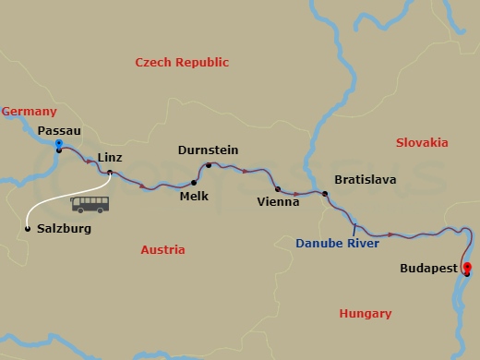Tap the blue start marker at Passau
pos(58,146)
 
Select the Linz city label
pos(110,158)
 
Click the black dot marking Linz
pos(110,173)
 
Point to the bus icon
pos(90,204)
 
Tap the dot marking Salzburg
pos(27,228)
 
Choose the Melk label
pos(194,197)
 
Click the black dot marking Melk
pos(194,183)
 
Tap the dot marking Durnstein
pos(209,166)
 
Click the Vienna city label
pos(279,201)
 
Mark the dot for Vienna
pos(278,188)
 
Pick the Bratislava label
pos(365,179)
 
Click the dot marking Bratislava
pos(325,194)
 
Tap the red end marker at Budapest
pos(467,269)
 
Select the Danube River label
pos(338,244)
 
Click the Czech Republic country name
pos(182,62)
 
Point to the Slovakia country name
pos(422,142)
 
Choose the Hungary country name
pos(366,314)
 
